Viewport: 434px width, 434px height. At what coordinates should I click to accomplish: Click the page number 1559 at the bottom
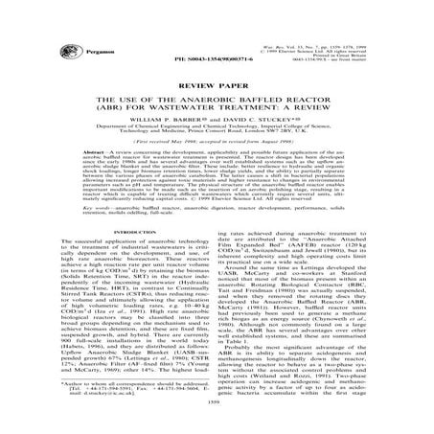click(x=217, y=422)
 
